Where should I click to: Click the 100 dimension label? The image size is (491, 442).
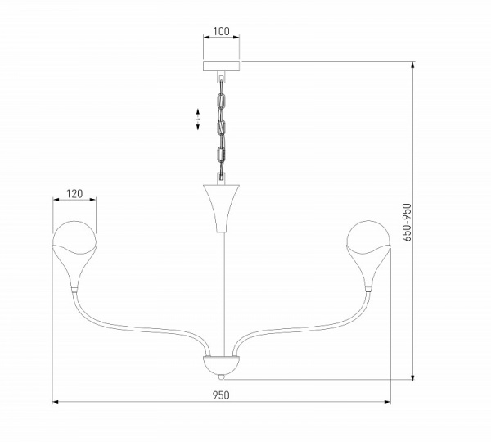pyautogui.click(x=222, y=31)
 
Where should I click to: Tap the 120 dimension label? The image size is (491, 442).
pyautogui.click(x=74, y=194)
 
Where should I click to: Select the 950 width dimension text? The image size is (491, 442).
pyautogui.click(x=221, y=395)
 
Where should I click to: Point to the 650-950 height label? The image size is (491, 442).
pyautogui.click(x=407, y=222)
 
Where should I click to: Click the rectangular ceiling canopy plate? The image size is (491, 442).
pyautogui.click(x=222, y=66)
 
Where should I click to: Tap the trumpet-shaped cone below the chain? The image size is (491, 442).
pyautogui.click(x=222, y=208)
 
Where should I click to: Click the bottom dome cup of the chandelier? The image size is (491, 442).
pyautogui.click(x=222, y=365)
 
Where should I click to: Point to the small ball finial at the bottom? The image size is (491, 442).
pyautogui.click(x=222, y=377)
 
